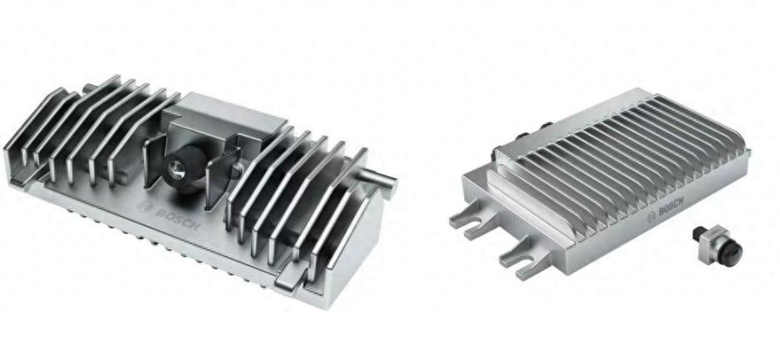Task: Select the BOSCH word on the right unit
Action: tap(671, 206)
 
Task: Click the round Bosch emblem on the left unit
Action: tap(144, 207)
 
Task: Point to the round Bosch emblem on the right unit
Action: tap(652, 217)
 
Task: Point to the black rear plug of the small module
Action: tap(699, 232)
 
